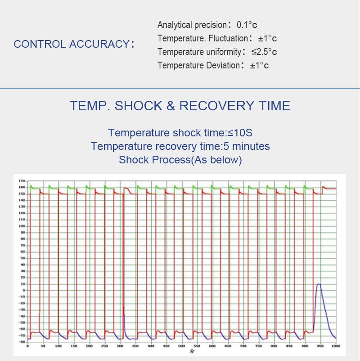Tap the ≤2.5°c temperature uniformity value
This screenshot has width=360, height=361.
tap(264, 52)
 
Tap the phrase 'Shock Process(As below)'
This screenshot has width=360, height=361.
tap(180, 160)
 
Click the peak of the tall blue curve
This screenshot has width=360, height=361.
tap(319, 284)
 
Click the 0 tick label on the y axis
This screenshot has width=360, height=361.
tap(23, 290)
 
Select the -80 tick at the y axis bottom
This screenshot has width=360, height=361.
tap(21, 342)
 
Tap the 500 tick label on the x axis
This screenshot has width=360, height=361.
tap(181, 346)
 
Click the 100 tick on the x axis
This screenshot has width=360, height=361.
tap(58, 346)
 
